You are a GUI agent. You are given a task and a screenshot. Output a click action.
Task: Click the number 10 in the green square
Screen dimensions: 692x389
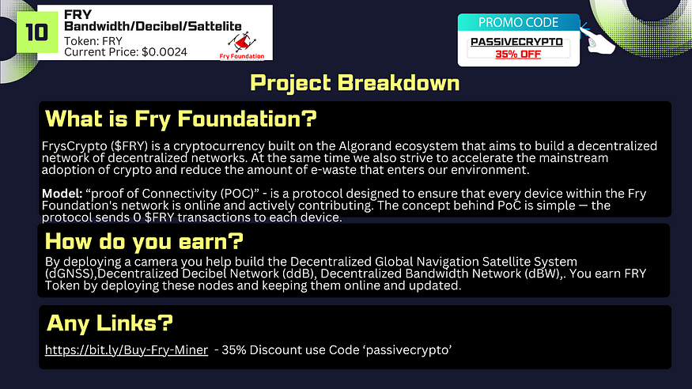click(36, 32)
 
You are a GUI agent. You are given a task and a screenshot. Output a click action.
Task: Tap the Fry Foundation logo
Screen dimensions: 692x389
click(242, 45)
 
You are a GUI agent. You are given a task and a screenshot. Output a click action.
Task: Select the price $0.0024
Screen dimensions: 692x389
click(164, 52)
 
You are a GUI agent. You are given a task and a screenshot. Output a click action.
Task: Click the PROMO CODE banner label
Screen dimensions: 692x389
click(518, 22)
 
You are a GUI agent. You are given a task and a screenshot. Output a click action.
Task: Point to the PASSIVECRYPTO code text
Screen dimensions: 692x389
click(516, 42)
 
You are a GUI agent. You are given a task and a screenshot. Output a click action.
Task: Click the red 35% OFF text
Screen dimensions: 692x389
click(518, 55)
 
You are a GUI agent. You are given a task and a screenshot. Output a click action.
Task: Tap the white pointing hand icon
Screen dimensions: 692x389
click(598, 40)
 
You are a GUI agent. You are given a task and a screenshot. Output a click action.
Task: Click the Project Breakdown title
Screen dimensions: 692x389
click(355, 82)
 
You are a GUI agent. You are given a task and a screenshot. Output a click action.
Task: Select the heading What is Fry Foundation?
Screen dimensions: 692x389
click(181, 119)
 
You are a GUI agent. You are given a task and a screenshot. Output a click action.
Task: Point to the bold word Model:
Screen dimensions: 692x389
click(62, 193)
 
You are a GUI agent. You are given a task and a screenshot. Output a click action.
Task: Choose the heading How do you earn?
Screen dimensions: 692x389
click(144, 241)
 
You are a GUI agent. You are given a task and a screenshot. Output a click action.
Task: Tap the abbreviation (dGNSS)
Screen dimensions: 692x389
click(70, 274)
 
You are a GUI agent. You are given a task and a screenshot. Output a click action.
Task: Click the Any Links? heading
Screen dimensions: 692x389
click(110, 323)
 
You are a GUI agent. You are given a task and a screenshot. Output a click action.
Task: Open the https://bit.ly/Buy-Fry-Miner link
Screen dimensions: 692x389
click(127, 350)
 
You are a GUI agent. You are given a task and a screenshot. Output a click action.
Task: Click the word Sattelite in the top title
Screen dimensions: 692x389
click(215, 26)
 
